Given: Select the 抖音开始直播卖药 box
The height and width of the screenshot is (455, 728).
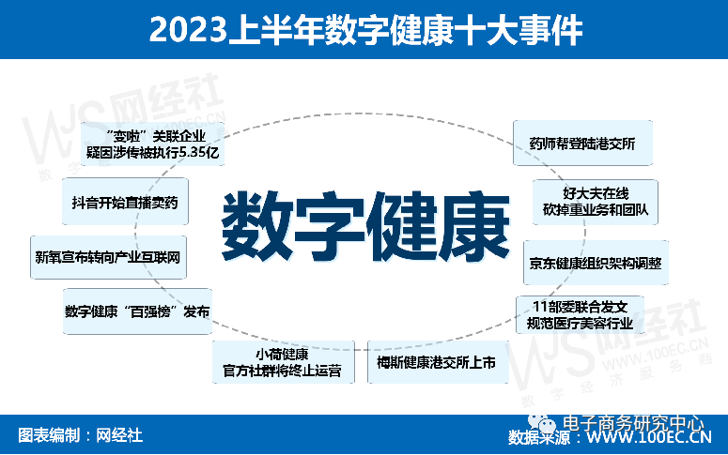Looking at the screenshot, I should [125, 202].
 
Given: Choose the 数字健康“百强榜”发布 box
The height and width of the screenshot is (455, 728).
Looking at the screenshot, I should [137, 311].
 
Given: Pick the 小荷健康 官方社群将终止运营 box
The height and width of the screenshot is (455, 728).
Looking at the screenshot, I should [283, 362].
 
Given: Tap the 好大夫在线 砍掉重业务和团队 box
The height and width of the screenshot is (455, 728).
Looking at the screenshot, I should [594, 201].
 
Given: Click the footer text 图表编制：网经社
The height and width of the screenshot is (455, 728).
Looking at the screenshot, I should [81, 435].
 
